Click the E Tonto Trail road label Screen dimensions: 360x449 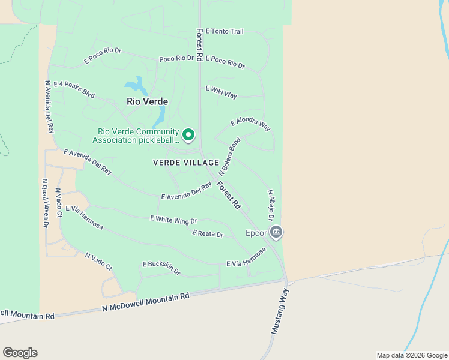tap(224, 31)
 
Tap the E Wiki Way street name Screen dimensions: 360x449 tap(221, 92)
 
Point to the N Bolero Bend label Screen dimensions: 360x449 tap(234, 156)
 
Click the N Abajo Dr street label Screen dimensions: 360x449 tap(271, 205)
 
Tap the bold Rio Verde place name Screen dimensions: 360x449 tap(148, 101)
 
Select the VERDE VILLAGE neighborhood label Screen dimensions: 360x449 tap(186, 163)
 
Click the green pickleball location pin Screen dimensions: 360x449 tap(188, 135)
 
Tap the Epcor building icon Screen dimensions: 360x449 tap(276, 232)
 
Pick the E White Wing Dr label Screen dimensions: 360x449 tap(173, 220)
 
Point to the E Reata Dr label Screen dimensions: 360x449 tap(208, 233)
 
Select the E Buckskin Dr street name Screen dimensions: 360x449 tap(161, 267)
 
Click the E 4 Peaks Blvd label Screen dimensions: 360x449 tap(74, 89)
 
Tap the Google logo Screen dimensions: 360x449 tap(20, 353)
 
